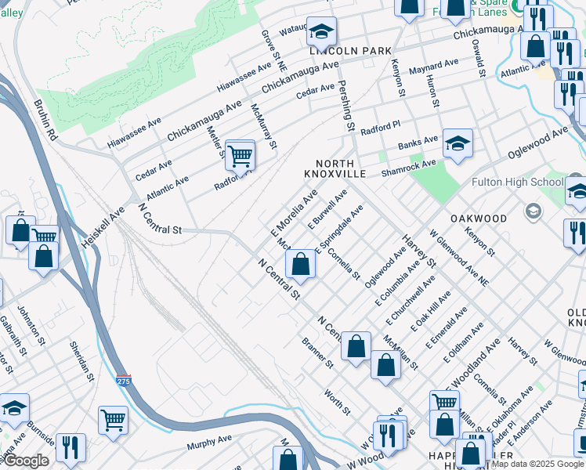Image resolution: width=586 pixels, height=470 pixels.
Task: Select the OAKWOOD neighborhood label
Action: coord(478,218)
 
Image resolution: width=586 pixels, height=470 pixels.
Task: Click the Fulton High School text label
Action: coord(517,183)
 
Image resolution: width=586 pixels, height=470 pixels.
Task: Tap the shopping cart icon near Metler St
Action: coord(240,155)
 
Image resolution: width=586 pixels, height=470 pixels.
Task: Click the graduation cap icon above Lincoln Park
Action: coord(321,32)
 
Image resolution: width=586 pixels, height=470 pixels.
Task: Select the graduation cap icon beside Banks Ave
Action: coord(458,144)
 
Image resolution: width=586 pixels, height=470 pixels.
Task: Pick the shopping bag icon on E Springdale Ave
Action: coord(300,266)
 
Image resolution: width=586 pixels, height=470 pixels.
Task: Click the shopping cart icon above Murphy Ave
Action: coord(114,420)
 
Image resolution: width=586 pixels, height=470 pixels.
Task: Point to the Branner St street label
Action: coord(318,353)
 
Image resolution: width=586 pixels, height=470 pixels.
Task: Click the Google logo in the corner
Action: coord(26,461)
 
